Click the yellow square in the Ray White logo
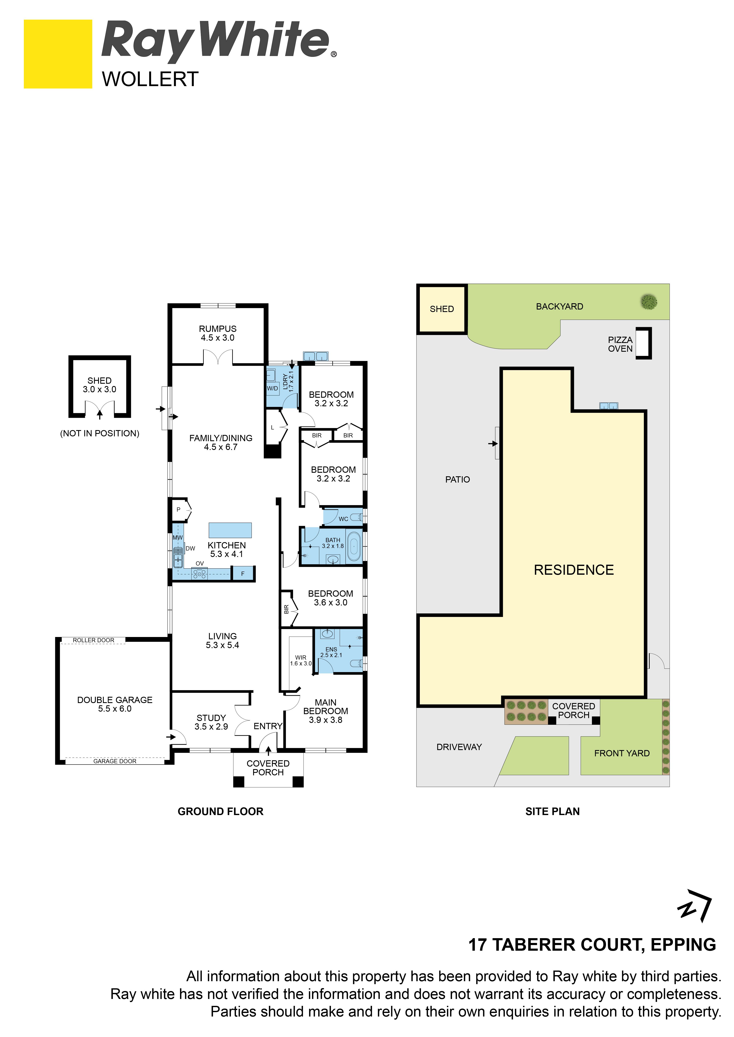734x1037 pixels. point(58,54)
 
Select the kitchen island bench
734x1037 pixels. point(230,530)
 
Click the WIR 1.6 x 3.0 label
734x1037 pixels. point(301,660)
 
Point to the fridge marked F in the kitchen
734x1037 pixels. point(243,574)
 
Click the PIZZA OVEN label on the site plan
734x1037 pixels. point(620,344)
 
